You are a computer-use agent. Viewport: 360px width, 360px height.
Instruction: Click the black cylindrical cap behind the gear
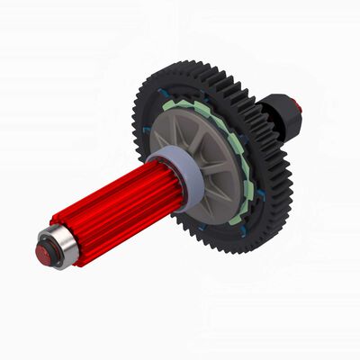coord(290,113)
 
